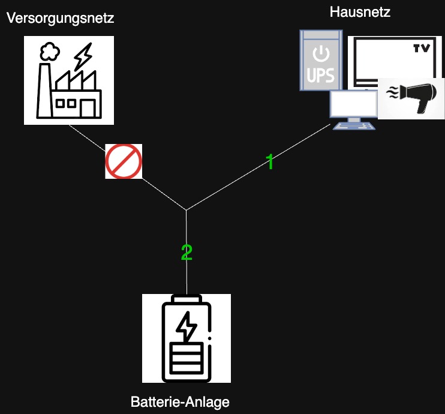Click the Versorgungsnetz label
tap(60, 18)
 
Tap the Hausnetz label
tap(360, 11)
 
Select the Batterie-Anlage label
tap(180, 401)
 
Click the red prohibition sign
tap(124, 161)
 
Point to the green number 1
tap(270, 161)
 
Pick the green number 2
tap(187, 253)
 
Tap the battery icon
tap(187, 339)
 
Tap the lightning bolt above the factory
tap(82, 55)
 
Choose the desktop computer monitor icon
tap(354, 104)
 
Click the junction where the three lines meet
tap(186, 210)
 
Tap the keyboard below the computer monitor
tap(355, 125)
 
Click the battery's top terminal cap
tap(187, 299)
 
